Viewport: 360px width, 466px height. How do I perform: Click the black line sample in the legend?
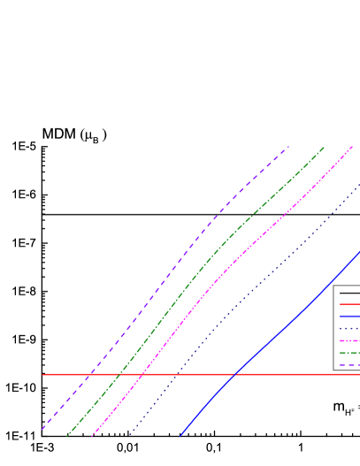(349, 293)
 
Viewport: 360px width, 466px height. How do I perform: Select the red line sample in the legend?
(349, 304)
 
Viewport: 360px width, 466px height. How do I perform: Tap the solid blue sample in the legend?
(349, 317)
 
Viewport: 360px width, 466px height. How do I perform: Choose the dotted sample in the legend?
(349, 329)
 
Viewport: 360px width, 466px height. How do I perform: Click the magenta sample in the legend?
(349, 340)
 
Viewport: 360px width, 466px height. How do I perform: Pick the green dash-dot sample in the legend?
(349, 353)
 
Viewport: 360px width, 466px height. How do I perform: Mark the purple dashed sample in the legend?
(349, 364)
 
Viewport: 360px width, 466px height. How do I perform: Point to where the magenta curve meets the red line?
(142, 374)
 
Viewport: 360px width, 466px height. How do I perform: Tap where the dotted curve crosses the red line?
(176, 374)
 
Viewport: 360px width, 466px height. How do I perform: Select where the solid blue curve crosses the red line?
(234, 374)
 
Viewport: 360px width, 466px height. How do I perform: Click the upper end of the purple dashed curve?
(288, 147)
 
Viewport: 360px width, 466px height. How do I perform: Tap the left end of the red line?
(43, 374)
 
